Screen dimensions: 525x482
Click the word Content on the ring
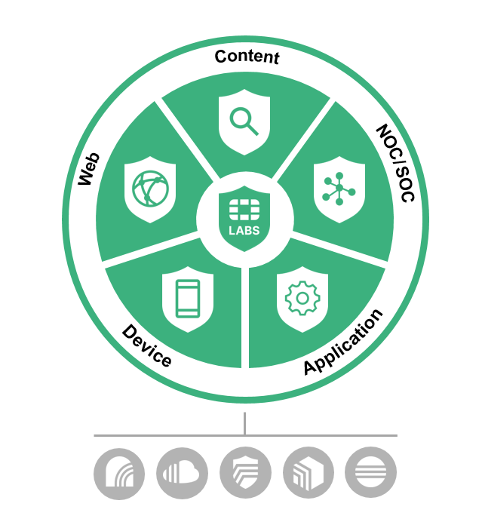(247, 57)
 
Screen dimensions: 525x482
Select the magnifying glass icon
(244, 121)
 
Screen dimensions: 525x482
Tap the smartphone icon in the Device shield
(187, 298)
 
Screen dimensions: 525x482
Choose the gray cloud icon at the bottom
(182, 473)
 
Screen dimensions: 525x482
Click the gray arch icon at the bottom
(119, 473)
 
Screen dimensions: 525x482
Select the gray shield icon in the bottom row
(245, 473)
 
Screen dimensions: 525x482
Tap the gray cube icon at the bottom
(308, 473)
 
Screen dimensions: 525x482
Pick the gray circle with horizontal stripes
(370, 473)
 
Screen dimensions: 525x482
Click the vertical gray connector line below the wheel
(244, 423)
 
